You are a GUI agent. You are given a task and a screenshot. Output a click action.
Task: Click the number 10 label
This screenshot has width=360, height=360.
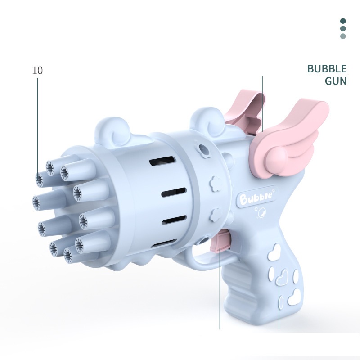[x=37, y=71]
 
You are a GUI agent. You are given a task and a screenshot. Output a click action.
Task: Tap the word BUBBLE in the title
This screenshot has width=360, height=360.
[x=327, y=69]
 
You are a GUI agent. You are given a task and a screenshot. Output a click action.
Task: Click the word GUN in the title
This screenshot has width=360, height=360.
[x=336, y=81]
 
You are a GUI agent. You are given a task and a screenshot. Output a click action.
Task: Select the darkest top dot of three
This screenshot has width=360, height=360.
[x=343, y=21]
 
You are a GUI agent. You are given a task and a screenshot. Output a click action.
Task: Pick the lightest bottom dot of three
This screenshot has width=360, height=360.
[x=343, y=36]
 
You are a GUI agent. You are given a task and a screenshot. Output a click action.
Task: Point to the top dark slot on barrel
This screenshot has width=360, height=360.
[x=162, y=161]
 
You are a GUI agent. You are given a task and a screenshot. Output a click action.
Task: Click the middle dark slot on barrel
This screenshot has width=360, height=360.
[x=174, y=193]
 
